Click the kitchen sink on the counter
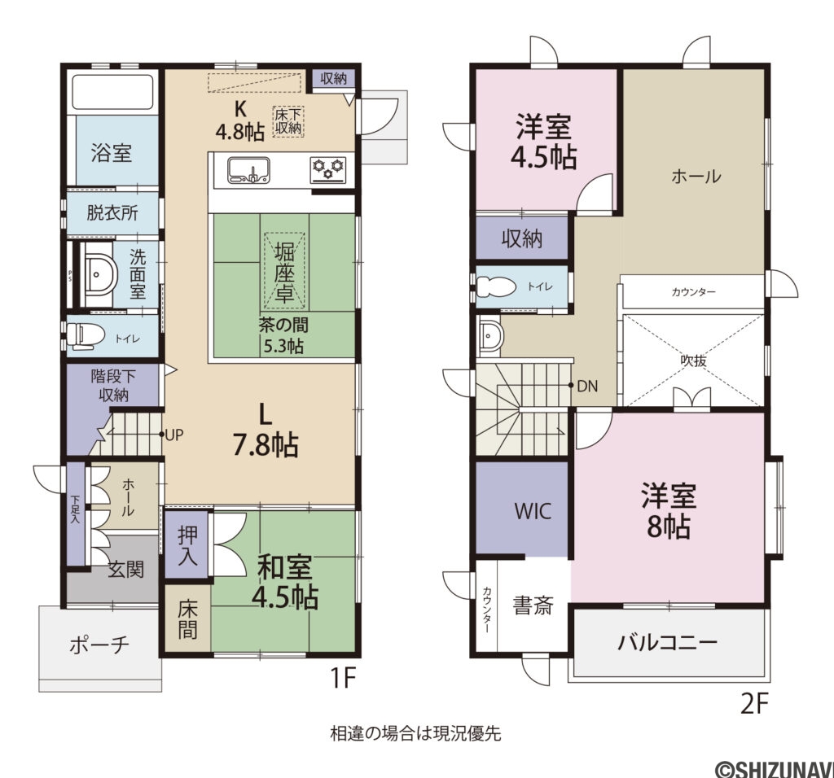pos(248,170)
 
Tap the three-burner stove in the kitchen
pos(327,170)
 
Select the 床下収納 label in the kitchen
pos(288,121)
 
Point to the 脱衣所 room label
pos(112,213)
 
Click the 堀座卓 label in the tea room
pos(284,272)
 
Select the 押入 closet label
pos(188,544)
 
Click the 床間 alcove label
pos(188,618)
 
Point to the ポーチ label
pos(99,645)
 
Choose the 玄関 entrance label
pos(126,570)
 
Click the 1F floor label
pos(342,678)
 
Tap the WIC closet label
pos(533,511)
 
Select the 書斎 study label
pos(533,605)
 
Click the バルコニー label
pos(668,643)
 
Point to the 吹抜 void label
pos(694,361)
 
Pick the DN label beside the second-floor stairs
pos(587,387)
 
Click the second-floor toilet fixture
pos(498,287)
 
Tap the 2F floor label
pos(755,704)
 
